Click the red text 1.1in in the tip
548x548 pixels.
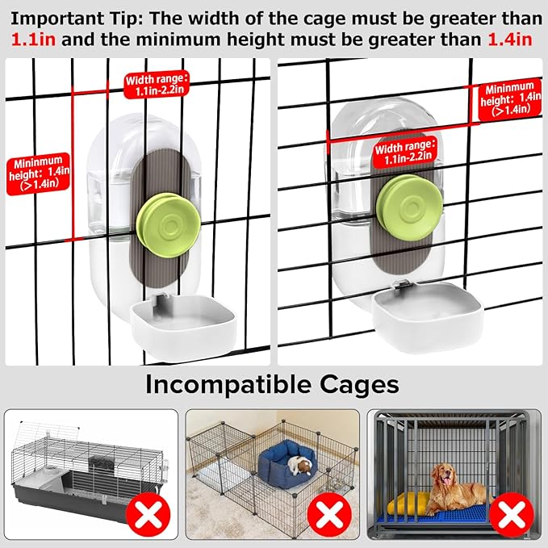34,39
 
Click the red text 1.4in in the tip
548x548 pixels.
510,39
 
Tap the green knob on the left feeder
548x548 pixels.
169,225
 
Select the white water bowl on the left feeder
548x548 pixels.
183,327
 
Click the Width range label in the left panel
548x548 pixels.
157,85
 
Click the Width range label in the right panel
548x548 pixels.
405,153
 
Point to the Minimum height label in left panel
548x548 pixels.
39,174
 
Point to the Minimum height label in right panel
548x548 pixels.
510,100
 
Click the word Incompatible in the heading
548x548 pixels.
228,385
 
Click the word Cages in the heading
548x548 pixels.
359,386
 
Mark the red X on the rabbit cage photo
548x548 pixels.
149,514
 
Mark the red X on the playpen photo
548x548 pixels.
329,514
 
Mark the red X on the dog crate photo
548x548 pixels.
512,514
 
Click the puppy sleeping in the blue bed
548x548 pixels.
300,465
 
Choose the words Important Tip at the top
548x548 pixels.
77,19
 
